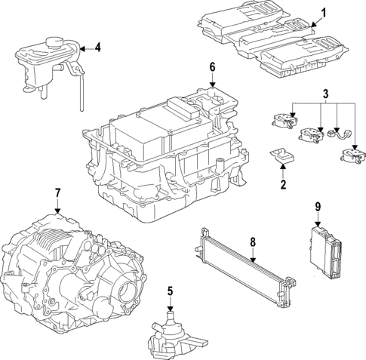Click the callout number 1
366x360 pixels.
324,13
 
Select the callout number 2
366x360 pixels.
282,183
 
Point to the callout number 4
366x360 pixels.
97,48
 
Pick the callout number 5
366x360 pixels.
171,291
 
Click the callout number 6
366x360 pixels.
212,68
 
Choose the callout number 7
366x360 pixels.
57,193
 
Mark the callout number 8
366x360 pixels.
254,242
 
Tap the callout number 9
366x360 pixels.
318,206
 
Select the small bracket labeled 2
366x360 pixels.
282,155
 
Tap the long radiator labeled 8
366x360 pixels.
241,269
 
